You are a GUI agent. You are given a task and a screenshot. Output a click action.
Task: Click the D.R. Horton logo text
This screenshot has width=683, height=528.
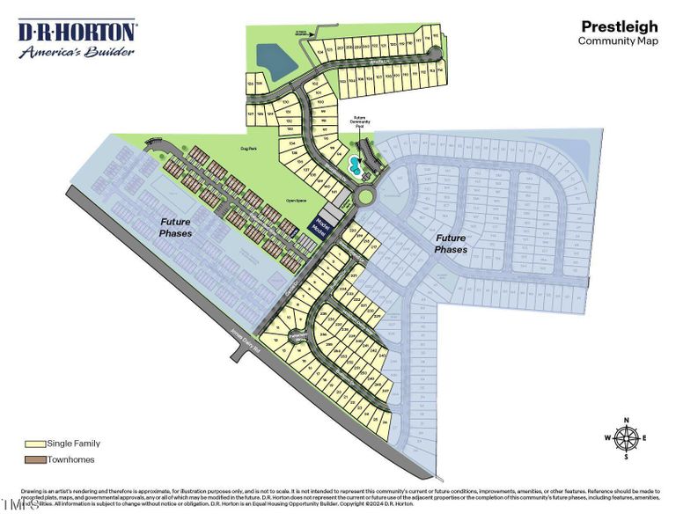coord(77,33)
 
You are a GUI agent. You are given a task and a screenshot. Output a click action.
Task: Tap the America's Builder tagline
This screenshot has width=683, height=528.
coord(77,52)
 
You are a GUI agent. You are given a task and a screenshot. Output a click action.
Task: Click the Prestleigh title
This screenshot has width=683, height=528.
coord(619,27)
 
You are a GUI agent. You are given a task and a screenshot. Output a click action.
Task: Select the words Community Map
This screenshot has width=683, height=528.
coord(618,41)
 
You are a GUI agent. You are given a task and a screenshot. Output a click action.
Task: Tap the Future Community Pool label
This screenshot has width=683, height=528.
coord(359,125)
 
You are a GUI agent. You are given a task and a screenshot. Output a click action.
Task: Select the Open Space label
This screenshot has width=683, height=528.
coord(295,200)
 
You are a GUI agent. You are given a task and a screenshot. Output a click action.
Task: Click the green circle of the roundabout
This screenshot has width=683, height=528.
coord(363,191)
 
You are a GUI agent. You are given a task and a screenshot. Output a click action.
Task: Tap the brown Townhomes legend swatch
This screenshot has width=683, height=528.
coord(36,459)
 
